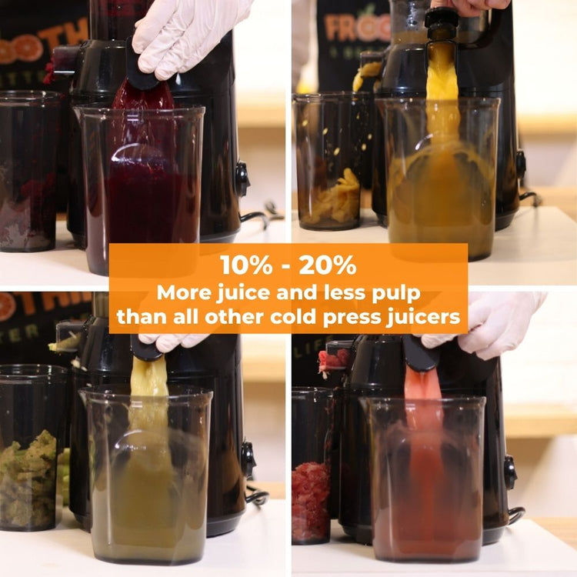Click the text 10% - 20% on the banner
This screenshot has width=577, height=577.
click(288, 265)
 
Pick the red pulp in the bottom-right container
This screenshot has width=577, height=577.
click(311, 500)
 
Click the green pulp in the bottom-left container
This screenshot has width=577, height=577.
click(28, 477)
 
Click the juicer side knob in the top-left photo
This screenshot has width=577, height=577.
click(242, 178)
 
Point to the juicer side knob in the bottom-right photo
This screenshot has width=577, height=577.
click(510, 471)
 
